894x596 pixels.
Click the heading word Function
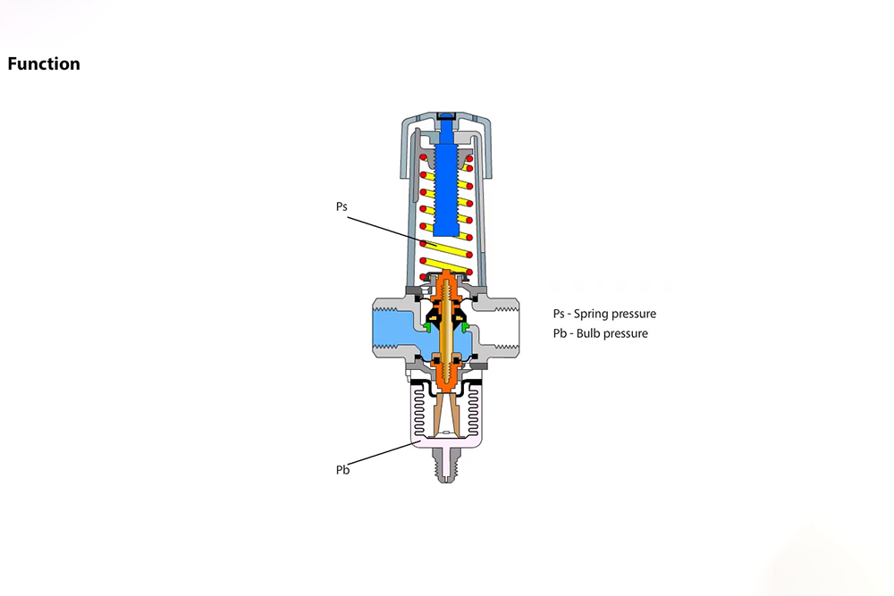click(44, 63)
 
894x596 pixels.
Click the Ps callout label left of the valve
click(342, 206)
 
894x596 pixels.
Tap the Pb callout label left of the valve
click(342, 470)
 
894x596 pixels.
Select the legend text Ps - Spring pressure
click(604, 314)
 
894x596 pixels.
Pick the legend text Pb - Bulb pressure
click(600, 333)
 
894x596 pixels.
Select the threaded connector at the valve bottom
click(445, 464)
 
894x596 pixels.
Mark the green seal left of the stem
click(429, 327)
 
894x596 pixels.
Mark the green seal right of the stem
click(463, 327)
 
